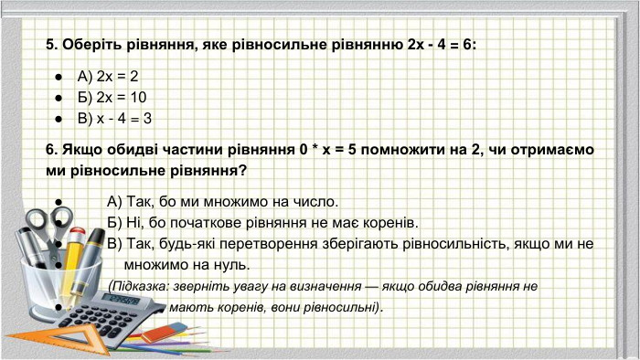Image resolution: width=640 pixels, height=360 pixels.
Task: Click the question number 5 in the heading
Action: coord(50,44)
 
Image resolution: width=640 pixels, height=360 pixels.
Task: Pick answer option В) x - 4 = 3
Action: coord(114,118)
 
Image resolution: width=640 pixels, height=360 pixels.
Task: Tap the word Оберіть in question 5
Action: coord(93,44)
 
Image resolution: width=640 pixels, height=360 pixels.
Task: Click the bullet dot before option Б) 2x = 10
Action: coord(58,98)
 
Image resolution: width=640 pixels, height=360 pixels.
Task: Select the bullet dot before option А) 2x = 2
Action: coord(58,78)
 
